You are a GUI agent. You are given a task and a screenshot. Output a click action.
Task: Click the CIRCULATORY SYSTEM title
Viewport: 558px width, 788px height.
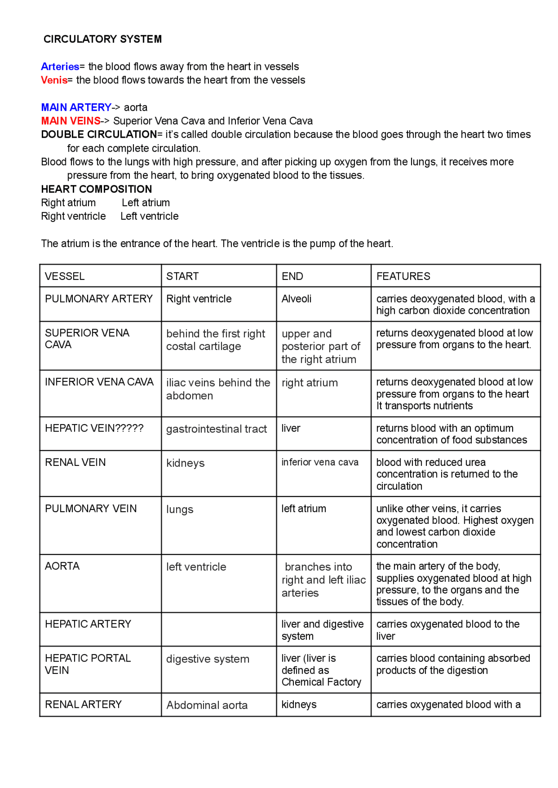[x=102, y=39]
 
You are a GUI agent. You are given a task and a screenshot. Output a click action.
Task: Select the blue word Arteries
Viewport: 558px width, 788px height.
[x=60, y=67]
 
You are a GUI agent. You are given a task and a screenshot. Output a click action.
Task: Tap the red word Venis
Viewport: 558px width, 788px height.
[x=54, y=80]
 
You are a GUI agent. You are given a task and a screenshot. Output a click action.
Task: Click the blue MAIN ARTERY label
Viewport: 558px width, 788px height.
[x=76, y=107]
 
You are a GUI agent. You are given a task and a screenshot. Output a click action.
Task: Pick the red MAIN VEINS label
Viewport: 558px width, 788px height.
[x=71, y=121]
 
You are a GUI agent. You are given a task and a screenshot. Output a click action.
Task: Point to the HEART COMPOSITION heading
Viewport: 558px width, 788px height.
[x=96, y=189]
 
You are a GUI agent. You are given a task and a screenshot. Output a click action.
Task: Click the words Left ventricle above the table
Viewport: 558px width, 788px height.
[x=150, y=216]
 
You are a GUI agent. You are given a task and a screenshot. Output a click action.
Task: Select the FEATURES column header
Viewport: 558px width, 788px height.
[x=403, y=276]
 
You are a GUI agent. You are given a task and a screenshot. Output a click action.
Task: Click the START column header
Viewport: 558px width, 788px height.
[x=182, y=276]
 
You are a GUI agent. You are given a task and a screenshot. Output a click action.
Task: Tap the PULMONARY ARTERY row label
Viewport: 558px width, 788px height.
[x=99, y=299]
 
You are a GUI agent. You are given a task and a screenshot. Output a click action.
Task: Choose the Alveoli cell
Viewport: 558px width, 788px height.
[x=296, y=299]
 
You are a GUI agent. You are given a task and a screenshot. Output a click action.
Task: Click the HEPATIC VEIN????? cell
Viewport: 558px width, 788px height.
[x=94, y=428]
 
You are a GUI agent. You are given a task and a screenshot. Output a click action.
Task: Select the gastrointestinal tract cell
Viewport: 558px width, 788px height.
[x=216, y=429]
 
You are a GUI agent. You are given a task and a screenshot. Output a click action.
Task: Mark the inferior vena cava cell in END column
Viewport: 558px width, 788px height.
[x=320, y=462]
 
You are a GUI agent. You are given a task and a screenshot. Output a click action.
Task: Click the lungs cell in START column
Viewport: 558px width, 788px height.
[x=180, y=509]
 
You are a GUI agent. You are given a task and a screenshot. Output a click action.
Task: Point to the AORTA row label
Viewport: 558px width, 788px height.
[x=62, y=566]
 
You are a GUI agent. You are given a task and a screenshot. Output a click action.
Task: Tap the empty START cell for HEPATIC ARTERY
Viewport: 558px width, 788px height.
[x=218, y=629]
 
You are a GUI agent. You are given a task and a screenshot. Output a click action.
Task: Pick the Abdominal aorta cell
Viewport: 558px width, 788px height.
[x=207, y=705]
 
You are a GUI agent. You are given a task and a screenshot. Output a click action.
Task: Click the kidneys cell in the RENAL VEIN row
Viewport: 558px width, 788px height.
[x=185, y=463]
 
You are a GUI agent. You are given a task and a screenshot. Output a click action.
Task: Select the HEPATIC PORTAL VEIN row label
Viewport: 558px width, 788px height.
[x=88, y=664]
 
